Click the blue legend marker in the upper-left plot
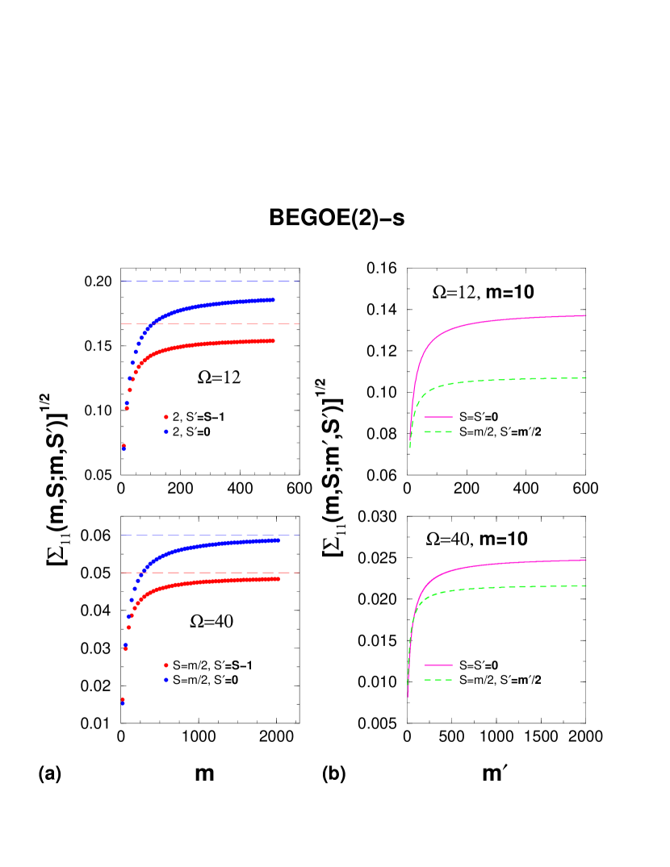pos(166,431)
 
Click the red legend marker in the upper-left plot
pos(166,417)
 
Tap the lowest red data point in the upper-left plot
pos(124,445)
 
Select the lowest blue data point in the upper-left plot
pos(124,449)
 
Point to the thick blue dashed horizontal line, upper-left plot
pos(210,281)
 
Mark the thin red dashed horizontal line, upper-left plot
pos(210,323)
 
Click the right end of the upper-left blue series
pos(274,300)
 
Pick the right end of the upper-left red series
pos(274,340)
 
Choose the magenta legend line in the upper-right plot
pos(438,417)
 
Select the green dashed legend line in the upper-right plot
pos(438,431)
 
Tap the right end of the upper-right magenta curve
pos(586,315)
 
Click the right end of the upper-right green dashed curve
pos(586,377)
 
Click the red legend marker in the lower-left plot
pos(166,665)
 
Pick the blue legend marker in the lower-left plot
pos(166,680)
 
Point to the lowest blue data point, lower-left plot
pos(123,703)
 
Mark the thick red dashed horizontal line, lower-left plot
pos(210,573)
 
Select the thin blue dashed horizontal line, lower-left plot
pos(210,535)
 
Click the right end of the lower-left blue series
pos(278,540)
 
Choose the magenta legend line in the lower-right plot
pos(438,665)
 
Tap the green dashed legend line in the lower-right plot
pos(438,680)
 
